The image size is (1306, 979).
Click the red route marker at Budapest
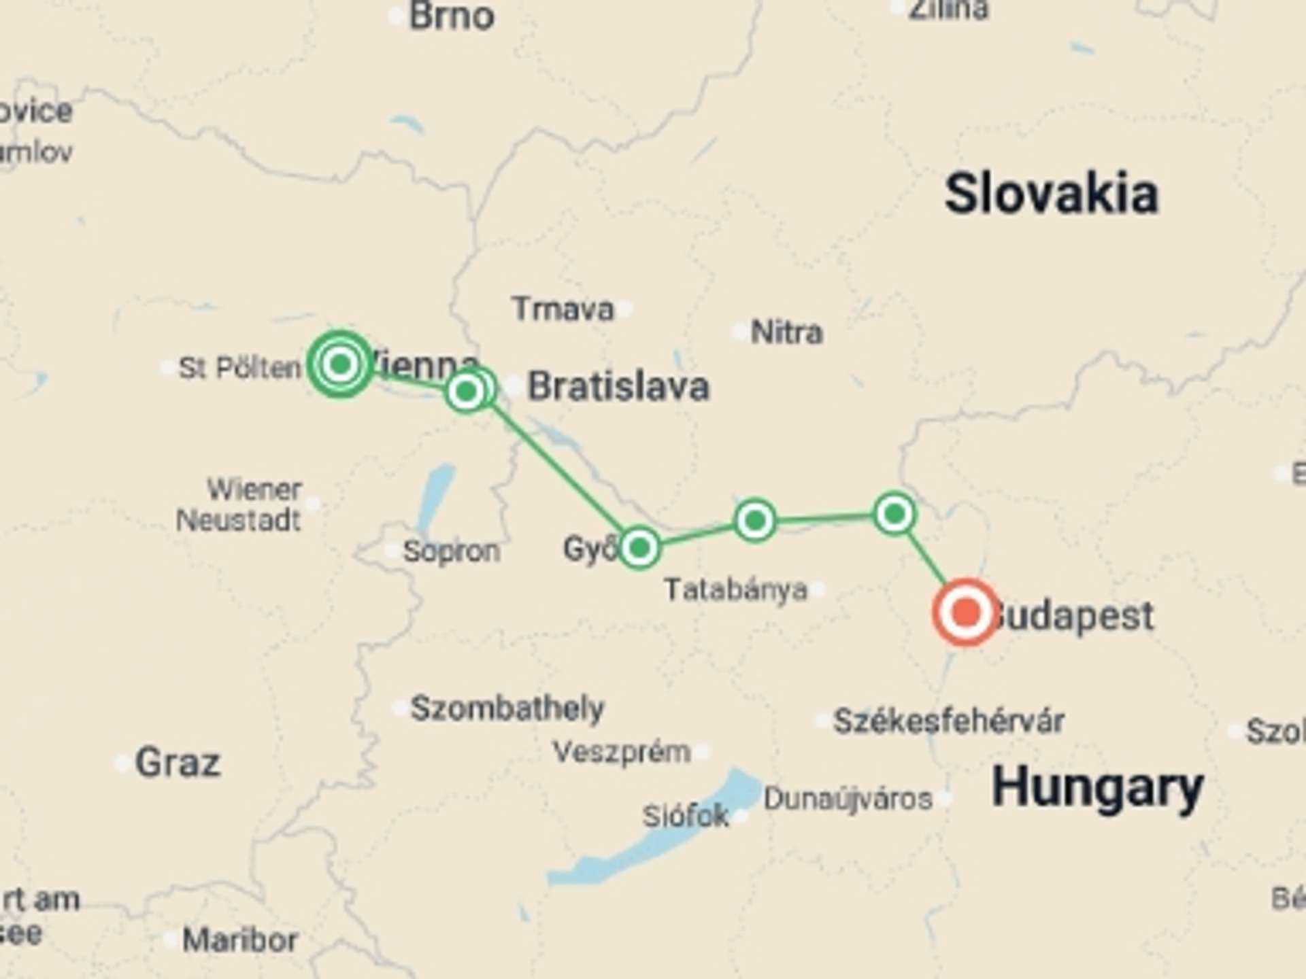tap(966, 612)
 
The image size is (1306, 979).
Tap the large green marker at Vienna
tap(340, 364)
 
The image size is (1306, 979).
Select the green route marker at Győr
tap(639, 547)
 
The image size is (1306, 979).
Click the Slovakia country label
tap(1051, 194)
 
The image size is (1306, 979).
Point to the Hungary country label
tap(1097, 787)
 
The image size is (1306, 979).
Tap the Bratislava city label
tap(618, 386)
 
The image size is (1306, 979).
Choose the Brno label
tap(451, 16)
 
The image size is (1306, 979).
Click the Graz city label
tap(178, 762)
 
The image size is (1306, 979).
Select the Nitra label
tap(786, 332)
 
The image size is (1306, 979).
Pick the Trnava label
tap(563, 309)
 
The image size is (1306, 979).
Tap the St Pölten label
tap(239, 368)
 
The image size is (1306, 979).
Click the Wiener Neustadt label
tap(239, 504)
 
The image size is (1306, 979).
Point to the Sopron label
tap(451, 551)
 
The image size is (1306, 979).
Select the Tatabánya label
tap(736, 589)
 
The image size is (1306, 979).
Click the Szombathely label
tap(507, 708)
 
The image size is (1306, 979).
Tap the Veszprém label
tap(622, 752)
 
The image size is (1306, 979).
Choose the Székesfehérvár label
tap(949, 721)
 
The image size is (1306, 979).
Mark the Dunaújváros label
tap(848, 799)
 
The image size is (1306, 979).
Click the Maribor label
tap(240, 940)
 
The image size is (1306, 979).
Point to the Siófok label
tap(686, 816)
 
